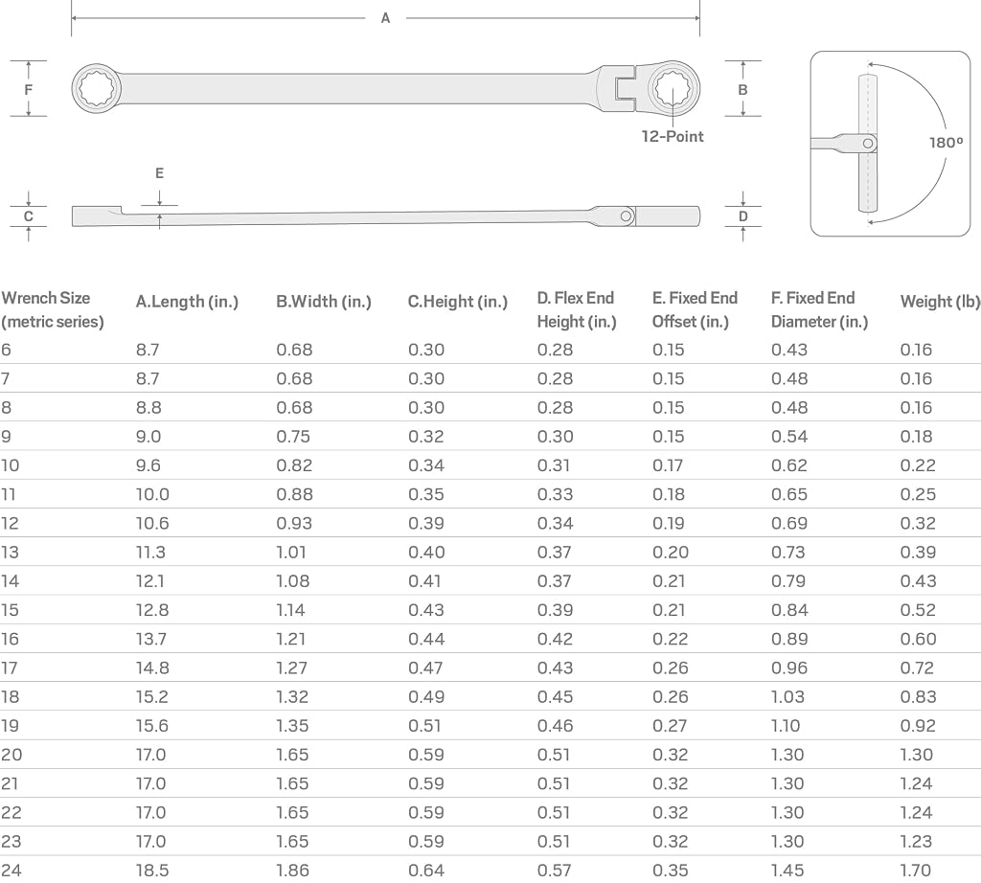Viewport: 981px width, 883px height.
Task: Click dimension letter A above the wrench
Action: pos(385,18)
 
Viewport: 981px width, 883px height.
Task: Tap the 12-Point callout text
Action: pos(672,136)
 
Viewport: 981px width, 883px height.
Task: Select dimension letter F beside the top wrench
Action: pos(28,89)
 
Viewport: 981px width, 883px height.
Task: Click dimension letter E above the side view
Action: pos(160,173)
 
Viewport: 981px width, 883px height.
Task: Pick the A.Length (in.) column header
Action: pos(187,302)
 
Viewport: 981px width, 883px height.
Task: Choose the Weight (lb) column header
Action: pos(940,302)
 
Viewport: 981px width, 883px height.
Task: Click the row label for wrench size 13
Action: pos(10,553)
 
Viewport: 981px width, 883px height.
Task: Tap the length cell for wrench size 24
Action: pos(152,870)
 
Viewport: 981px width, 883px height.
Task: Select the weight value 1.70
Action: pos(915,870)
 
